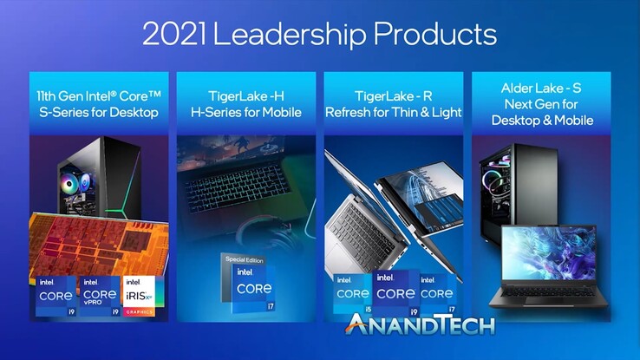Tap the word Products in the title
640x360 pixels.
pyautogui.click(x=443, y=35)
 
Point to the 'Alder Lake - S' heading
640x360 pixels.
pyautogui.click(x=541, y=88)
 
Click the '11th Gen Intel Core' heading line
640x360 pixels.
pyautogui.click(x=97, y=95)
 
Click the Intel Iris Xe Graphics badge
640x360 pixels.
pyautogui.click(x=143, y=296)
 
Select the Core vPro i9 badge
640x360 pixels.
pyautogui.click(x=100, y=296)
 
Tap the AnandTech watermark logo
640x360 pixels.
pyautogui.click(x=421, y=325)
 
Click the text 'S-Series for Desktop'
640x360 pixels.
pyautogui.click(x=97, y=112)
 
